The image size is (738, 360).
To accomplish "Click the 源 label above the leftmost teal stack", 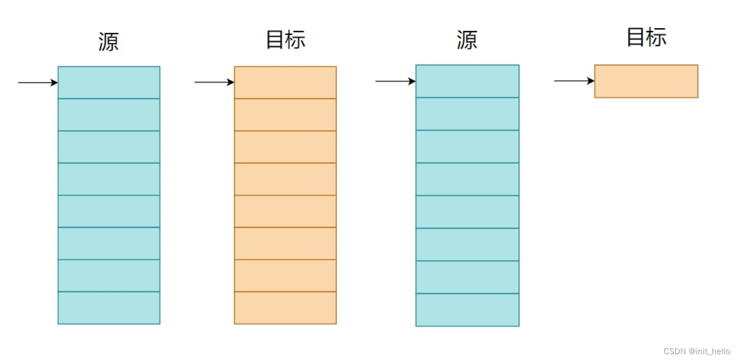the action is pyautogui.click(x=109, y=42).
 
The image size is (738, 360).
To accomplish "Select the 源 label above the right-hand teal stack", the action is pyautogui.click(x=467, y=40).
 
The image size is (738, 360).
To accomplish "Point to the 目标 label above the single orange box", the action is pyautogui.click(x=646, y=37).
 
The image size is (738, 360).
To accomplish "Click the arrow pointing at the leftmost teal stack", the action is pyautogui.click(x=37, y=82).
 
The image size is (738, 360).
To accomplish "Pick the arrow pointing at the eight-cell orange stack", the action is pyautogui.click(x=214, y=82).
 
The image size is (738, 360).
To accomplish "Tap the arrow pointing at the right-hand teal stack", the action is pyautogui.click(x=395, y=81).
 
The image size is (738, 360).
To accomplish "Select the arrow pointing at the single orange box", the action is pyautogui.click(x=574, y=81).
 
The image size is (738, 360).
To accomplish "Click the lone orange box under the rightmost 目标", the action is pyautogui.click(x=646, y=81).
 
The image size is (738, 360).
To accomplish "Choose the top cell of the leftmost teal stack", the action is pyautogui.click(x=109, y=82).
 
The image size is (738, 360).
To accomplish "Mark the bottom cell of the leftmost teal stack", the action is pyautogui.click(x=109, y=308).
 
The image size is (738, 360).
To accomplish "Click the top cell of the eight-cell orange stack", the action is pyautogui.click(x=285, y=82).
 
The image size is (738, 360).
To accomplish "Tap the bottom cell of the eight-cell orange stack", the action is pyautogui.click(x=285, y=308).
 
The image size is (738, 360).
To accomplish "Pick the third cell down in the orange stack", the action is pyautogui.click(x=285, y=147).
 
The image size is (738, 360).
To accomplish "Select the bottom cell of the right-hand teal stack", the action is pyautogui.click(x=467, y=310).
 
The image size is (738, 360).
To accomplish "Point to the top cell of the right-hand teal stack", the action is pyautogui.click(x=467, y=81).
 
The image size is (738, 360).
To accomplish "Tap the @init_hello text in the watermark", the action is pyautogui.click(x=709, y=351).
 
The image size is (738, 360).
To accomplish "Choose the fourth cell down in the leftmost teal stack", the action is pyautogui.click(x=109, y=179).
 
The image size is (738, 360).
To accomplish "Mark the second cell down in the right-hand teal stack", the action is pyautogui.click(x=467, y=114).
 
